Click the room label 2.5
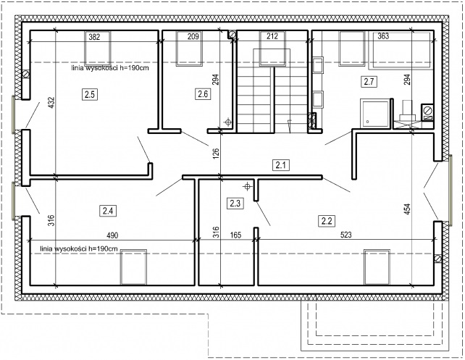90,95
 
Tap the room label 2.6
203,94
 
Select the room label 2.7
369,81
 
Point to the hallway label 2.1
280,165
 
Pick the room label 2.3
235,204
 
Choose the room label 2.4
108,211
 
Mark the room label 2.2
327,221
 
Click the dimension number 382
94,37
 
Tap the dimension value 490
112,235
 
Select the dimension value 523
346,235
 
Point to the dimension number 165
236,235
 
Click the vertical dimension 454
408,209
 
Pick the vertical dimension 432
51,103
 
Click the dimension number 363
383,36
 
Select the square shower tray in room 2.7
374,114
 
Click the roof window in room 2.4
133,267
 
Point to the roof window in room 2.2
377,267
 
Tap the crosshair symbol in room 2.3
247,187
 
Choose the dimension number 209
193,37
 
